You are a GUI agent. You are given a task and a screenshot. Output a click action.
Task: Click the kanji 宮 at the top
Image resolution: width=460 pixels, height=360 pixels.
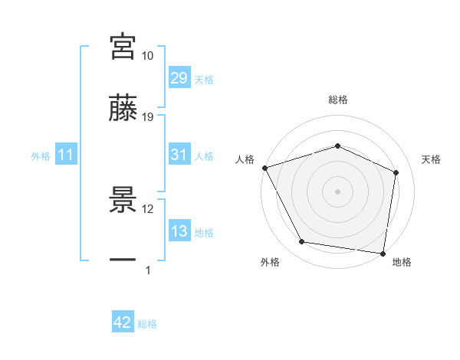pyautogui.click(x=123, y=47)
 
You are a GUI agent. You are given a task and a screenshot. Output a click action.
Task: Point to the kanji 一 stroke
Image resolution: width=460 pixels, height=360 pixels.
pyautogui.click(x=123, y=260)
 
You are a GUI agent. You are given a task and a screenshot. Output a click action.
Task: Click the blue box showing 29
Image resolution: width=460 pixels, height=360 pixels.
pyautogui.click(x=179, y=78)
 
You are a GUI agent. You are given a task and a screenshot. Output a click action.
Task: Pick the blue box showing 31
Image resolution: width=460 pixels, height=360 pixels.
pyautogui.click(x=179, y=155)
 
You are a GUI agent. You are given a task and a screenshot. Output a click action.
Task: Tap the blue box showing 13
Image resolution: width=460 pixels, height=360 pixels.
pyautogui.click(x=179, y=232)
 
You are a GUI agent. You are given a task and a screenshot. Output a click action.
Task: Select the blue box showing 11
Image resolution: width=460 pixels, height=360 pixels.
pyautogui.click(x=66, y=155)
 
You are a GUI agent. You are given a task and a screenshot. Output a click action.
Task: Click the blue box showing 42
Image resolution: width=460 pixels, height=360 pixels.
pyautogui.click(x=123, y=323)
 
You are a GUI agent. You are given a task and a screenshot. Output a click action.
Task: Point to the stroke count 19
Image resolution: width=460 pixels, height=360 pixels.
pyautogui.click(x=148, y=117)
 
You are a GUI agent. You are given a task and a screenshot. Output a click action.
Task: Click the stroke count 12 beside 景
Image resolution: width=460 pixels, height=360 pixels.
pyautogui.click(x=148, y=208)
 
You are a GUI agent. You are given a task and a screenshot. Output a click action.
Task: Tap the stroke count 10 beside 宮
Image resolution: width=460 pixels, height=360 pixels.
pyautogui.click(x=148, y=56)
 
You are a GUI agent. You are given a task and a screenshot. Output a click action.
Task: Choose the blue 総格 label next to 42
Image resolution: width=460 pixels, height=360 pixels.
pyautogui.click(x=147, y=324)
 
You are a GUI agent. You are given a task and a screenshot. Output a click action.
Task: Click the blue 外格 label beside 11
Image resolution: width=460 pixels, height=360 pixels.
pyautogui.click(x=41, y=156)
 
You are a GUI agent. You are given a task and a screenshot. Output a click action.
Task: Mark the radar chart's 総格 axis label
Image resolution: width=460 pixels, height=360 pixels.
pyautogui.click(x=337, y=100)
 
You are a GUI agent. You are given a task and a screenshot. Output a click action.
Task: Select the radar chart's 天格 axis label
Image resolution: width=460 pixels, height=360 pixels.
pyautogui.click(x=431, y=159)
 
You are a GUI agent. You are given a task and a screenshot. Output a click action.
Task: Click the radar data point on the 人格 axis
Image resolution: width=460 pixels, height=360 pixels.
pyautogui.click(x=264, y=167)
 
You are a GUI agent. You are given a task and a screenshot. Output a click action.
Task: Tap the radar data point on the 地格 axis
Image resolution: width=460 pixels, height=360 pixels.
pyautogui.click(x=383, y=253)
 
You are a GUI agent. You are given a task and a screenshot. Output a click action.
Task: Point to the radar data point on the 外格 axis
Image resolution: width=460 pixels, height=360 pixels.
pyautogui.click(x=302, y=242)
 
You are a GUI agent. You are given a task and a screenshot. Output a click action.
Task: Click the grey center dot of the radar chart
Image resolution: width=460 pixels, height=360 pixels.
pyautogui.click(x=337, y=191)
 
